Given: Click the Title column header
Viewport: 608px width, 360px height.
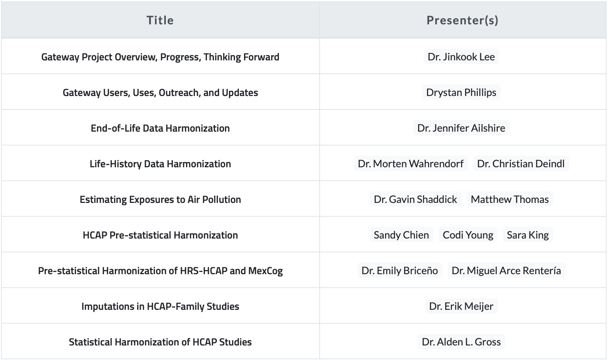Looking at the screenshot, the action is (160, 20).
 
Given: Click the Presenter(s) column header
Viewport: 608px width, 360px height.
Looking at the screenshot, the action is (463, 20).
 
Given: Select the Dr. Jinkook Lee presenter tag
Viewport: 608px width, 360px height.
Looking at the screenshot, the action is (461, 56).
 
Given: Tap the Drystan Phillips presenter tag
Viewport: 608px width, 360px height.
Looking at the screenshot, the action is (461, 92).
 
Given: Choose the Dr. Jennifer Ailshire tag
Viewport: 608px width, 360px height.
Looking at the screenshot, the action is (461, 128).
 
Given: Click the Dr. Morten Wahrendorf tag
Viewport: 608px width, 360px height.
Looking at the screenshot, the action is (411, 163).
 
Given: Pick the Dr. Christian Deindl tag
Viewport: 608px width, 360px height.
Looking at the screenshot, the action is (521, 163).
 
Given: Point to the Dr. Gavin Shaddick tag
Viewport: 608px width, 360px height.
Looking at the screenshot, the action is (415, 199).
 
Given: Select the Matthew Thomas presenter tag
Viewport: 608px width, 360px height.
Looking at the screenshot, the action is (510, 199).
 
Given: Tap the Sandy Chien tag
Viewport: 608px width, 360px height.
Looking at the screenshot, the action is (401, 235).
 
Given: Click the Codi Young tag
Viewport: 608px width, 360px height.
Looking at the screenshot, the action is (468, 235).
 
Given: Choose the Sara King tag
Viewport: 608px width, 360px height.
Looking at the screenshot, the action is (528, 235).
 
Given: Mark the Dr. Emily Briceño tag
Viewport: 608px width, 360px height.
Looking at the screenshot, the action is (400, 270).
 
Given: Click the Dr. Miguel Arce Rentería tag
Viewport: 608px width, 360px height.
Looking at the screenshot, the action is (506, 270).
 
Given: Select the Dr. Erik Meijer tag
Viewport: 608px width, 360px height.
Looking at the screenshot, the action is (461, 306).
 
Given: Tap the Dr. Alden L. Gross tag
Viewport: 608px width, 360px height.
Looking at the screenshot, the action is (461, 341).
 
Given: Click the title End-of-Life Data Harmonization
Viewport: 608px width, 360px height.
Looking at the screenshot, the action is (160, 128).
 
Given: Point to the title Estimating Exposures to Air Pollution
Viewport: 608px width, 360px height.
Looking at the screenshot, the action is (160, 200).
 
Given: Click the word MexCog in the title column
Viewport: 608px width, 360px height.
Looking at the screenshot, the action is (265, 271).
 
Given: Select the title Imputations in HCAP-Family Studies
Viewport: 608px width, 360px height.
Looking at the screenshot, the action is (160, 307).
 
